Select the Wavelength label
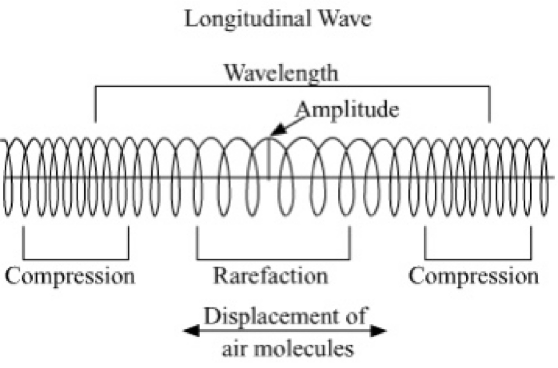pyautogui.click(x=281, y=74)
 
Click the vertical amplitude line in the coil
pyautogui.click(x=269, y=159)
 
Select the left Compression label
pyautogui.click(x=70, y=276)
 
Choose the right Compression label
pyautogui.click(x=474, y=276)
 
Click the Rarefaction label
pyautogui.click(x=271, y=276)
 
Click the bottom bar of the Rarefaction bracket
pyautogui.click(x=273, y=259)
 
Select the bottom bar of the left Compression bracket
pyautogui.click(x=76, y=259)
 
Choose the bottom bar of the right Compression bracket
pyautogui.click(x=478, y=259)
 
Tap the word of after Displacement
pyautogui.click(x=356, y=317)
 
